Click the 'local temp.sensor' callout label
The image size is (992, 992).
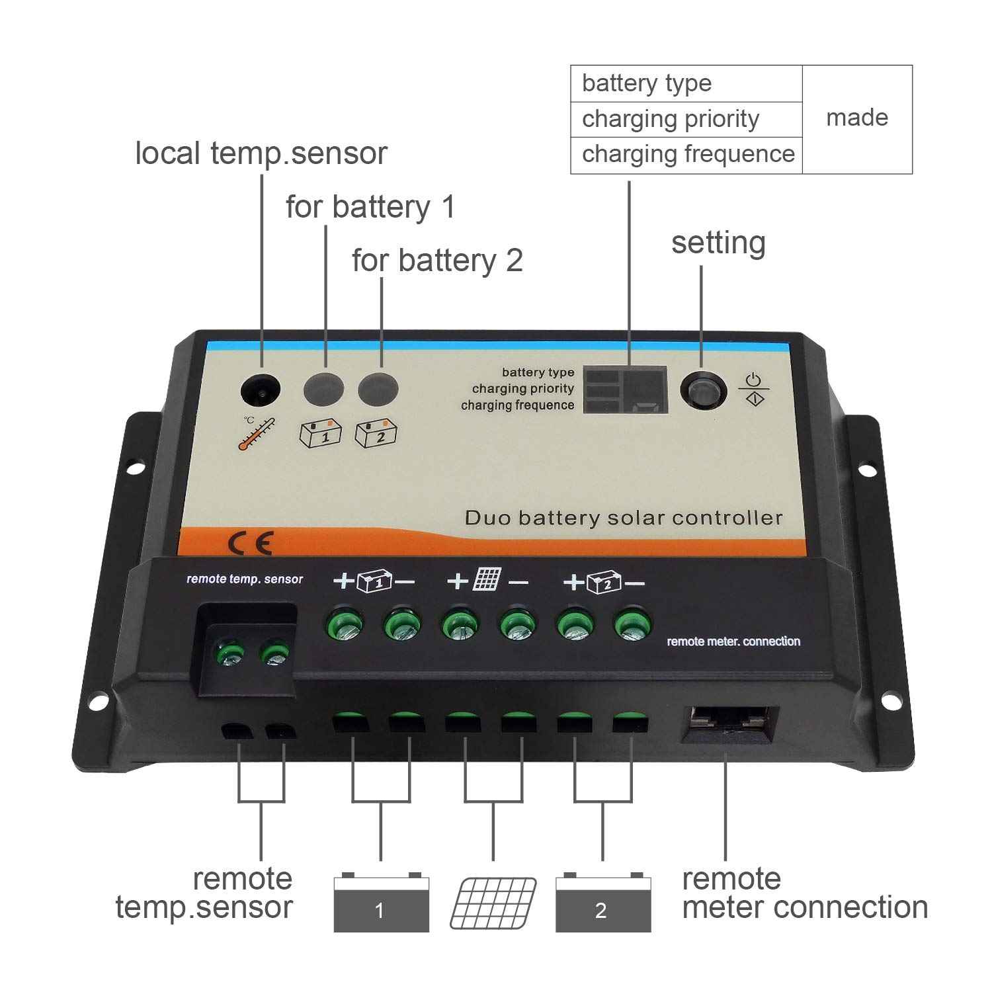click(x=261, y=153)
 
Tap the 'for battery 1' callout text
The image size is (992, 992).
click(x=370, y=207)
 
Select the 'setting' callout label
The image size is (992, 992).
click(x=718, y=243)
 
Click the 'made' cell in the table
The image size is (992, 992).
click(x=857, y=118)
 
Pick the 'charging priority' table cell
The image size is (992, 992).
click(x=671, y=119)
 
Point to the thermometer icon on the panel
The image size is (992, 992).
click(x=257, y=434)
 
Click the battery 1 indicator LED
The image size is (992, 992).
click(x=323, y=389)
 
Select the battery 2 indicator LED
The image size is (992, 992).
click(x=378, y=389)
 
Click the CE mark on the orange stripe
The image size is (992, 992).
click(x=250, y=543)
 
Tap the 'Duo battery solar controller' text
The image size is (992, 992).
click(x=623, y=518)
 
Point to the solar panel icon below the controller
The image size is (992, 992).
click(x=493, y=903)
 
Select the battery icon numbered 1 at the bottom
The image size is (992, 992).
click(x=381, y=903)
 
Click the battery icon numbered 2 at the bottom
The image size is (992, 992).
click(x=602, y=903)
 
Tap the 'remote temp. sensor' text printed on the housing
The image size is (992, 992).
click(x=245, y=579)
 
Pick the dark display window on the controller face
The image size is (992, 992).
click(x=625, y=390)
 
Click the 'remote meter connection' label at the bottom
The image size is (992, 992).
click(x=804, y=893)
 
